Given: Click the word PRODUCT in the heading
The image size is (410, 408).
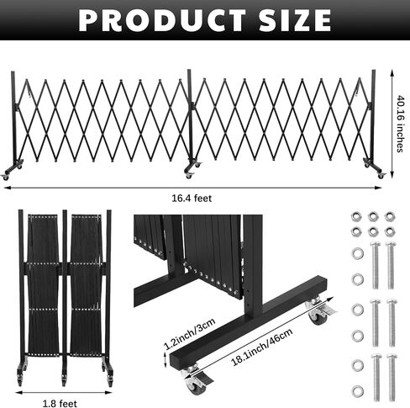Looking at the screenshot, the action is (x=162, y=20).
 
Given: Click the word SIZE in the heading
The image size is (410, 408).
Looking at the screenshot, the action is (x=295, y=20).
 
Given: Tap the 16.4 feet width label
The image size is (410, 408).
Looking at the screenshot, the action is (x=192, y=199).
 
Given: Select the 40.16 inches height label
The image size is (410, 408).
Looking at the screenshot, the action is (x=401, y=124).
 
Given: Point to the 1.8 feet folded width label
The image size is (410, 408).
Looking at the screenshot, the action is (x=60, y=404).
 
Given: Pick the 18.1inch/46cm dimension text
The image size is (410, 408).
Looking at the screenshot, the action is (x=262, y=347).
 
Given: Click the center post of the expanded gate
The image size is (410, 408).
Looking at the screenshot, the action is (x=190, y=115).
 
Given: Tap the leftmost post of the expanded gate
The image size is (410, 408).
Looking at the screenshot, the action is (x=13, y=118).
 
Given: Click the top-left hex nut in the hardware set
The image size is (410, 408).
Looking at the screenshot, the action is (x=356, y=216).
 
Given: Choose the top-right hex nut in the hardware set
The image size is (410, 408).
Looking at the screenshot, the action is (x=390, y=216).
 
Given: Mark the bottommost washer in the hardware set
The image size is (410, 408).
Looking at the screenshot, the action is (x=358, y=390).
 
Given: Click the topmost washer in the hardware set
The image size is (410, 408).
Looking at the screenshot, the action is (x=358, y=253).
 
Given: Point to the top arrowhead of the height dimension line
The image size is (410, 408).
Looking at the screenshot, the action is (x=392, y=73).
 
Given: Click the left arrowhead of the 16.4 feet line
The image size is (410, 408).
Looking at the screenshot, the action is (x=7, y=188).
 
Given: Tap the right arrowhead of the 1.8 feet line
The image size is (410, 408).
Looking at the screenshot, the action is (x=109, y=392).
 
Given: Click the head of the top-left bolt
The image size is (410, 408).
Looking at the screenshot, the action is (x=375, y=244).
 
